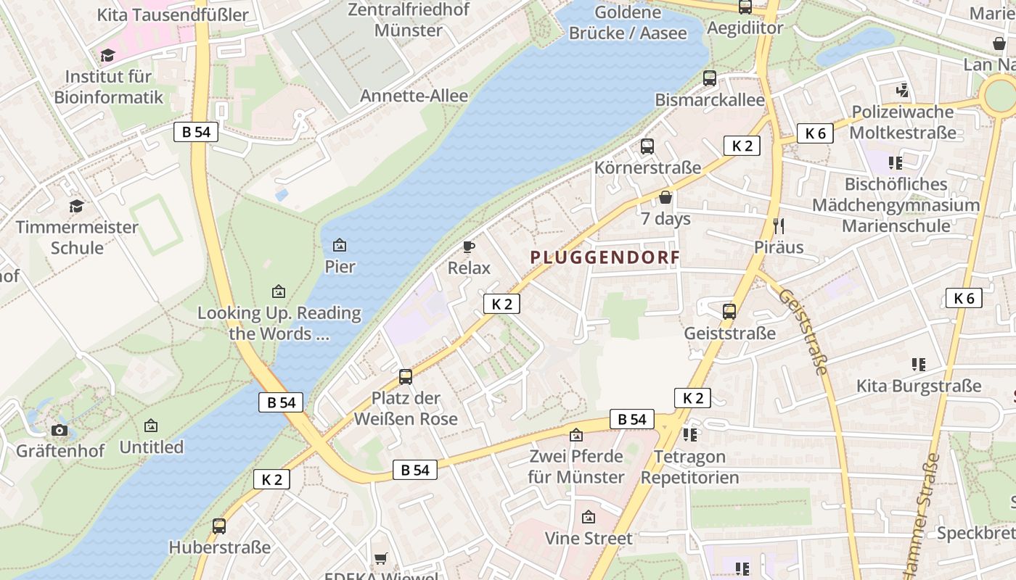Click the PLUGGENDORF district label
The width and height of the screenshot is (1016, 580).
(x=605, y=257)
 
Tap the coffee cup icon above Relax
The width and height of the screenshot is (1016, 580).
(x=469, y=247)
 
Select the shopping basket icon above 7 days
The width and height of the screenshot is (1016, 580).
(x=665, y=197)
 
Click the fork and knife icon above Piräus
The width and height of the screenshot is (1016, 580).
(x=779, y=225)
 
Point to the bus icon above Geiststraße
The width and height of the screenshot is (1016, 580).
(x=729, y=312)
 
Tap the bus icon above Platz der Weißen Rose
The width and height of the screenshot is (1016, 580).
(x=406, y=377)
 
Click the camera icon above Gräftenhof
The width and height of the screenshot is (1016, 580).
(x=60, y=430)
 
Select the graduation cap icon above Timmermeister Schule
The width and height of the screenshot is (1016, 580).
(x=77, y=207)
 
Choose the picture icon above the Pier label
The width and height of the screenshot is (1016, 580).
(x=339, y=246)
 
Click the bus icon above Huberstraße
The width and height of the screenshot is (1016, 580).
(x=219, y=526)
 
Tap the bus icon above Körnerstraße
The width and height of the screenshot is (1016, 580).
(x=647, y=146)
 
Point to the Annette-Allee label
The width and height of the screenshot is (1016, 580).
(x=414, y=96)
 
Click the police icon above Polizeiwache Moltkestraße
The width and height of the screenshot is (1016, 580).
(x=902, y=91)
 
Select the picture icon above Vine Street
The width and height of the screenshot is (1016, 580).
(x=589, y=518)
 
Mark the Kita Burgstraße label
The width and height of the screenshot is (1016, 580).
(x=919, y=386)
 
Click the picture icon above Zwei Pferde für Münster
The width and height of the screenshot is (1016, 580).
(x=576, y=435)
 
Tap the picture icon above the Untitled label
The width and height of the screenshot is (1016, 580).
(x=151, y=426)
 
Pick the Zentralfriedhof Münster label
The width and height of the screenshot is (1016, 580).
(x=409, y=20)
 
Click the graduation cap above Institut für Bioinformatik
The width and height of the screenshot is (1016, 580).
(x=108, y=55)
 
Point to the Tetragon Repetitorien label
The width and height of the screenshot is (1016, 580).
(x=689, y=467)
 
